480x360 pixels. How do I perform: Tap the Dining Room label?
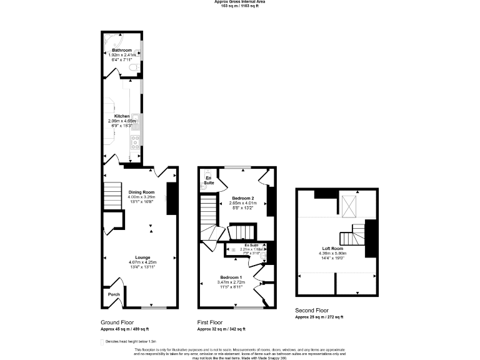click(141, 192)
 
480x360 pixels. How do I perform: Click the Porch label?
click(114, 294)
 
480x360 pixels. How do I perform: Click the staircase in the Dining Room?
click(111, 190)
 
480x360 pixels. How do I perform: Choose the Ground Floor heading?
click(116, 322)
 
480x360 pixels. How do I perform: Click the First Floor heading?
click(211, 322)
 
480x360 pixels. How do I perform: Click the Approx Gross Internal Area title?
click(240, 2)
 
